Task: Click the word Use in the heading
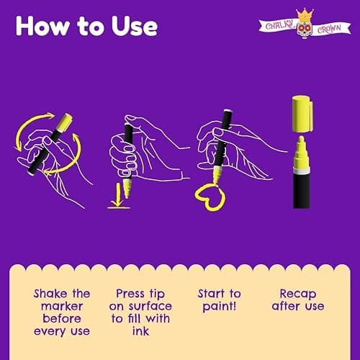tap(135, 26)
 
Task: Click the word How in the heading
tap(43, 26)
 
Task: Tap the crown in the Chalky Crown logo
tap(305, 15)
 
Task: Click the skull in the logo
tap(305, 30)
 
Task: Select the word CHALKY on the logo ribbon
tap(280, 25)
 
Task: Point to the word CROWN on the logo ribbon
tap(329, 29)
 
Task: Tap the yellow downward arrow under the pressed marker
tap(118, 194)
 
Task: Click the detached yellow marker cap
tap(302, 114)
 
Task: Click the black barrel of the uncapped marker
tap(302, 190)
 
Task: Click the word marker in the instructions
tap(62, 306)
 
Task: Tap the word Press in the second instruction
tap(130, 294)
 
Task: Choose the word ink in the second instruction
tap(140, 331)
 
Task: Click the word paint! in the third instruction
tap(220, 307)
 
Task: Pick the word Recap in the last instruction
tap(298, 294)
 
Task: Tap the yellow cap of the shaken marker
tap(65, 122)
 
